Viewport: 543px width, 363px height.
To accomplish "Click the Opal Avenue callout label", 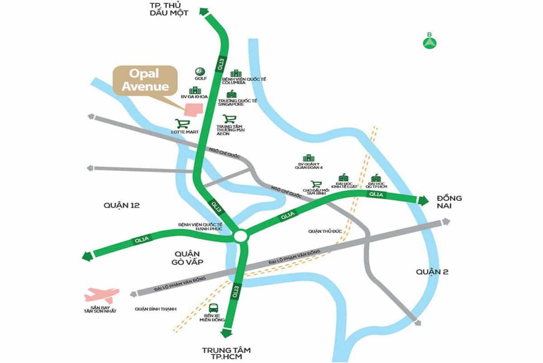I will (x=145, y=80).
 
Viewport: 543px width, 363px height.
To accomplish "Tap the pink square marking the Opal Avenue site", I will (x=193, y=108).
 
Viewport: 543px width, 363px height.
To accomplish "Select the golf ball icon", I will (x=199, y=71).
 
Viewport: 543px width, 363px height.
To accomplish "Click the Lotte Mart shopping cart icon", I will (x=182, y=124).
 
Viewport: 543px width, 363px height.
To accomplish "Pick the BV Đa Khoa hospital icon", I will (x=194, y=90).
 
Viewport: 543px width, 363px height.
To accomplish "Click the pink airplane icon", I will (x=101, y=295).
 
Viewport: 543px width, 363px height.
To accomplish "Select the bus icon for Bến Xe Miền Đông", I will (x=213, y=308).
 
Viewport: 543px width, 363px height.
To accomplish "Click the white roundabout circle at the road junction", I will (x=241, y=237).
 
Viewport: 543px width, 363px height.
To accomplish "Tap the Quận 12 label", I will (x=121, y=205).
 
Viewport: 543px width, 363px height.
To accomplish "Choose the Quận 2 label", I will (x=432, y=272).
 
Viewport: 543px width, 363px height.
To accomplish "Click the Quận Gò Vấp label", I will (x=186, y=258).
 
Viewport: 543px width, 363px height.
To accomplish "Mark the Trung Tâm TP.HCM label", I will (x=227, y=353).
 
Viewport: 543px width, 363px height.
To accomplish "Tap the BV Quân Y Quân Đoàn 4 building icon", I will (x=309, y=158).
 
